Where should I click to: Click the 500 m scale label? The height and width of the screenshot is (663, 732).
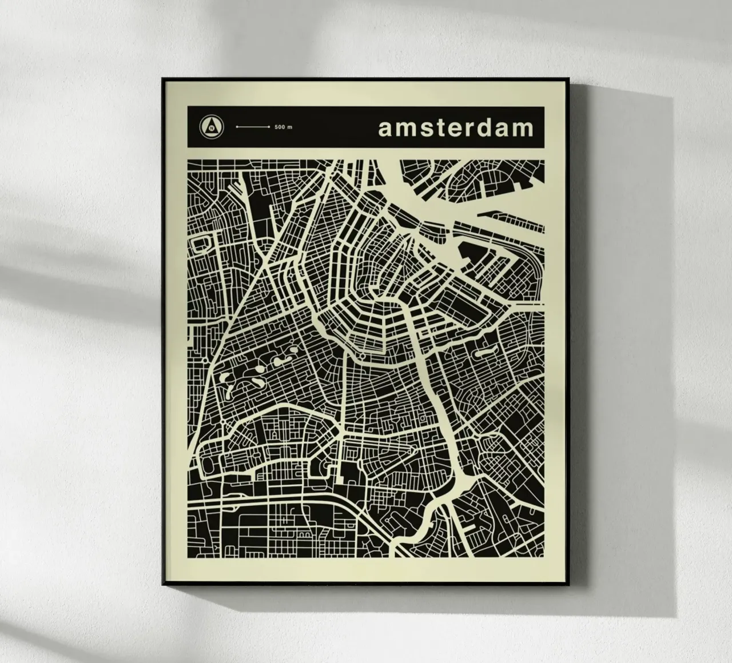[283, 127]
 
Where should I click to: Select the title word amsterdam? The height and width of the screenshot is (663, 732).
[455, 128]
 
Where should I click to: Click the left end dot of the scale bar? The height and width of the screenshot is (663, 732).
[237, 127]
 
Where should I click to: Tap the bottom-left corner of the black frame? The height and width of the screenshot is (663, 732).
[163, 583]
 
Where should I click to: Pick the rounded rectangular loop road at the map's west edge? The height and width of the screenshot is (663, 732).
[202, 246]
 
